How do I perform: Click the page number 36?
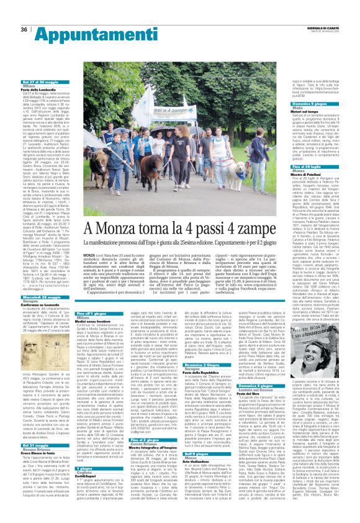[24, 29]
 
